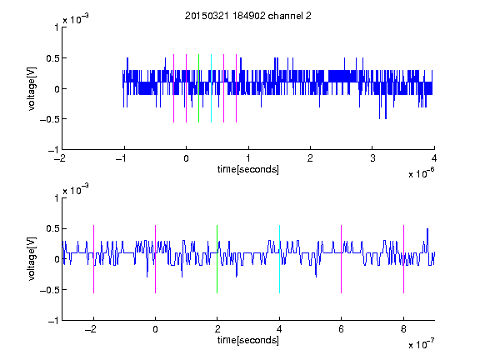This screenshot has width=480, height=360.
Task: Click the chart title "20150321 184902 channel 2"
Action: [x=248, y=16]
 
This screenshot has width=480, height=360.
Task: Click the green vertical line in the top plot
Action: [x=198, y=88]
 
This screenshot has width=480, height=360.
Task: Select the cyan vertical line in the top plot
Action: [x=211, y=88]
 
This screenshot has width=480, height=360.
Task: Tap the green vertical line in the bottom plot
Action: [x=217, y=259]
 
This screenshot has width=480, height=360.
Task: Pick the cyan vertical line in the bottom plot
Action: [x=279, y=259]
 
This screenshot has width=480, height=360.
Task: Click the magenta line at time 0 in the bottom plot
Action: [x=155, y=259]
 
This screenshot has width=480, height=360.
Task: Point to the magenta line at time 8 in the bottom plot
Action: [x=403, y=259]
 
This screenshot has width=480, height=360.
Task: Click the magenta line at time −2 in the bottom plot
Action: [x=93, y=259]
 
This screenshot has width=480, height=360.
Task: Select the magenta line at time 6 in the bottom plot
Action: [x=342, y=259]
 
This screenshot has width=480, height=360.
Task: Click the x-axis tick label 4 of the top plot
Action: [x=434, y=158]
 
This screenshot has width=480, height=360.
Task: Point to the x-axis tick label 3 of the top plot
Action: [x=372, y=158]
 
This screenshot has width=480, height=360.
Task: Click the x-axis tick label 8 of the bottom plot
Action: [x=403, y=329]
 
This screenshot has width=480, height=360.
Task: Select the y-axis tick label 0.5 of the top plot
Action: [x=52, y=58]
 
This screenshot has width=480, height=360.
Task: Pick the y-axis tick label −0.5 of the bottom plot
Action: [x=49, y=290]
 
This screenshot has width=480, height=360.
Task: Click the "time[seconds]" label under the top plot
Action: [x=248, y=169]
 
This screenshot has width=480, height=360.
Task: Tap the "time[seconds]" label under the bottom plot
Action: [x=248, y=340]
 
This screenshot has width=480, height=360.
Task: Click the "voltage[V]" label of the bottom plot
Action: [x=32, y=259]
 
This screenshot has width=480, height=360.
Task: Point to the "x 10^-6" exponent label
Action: [x=421, y=173]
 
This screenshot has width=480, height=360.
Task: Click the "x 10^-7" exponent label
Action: [x=421, y=344]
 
